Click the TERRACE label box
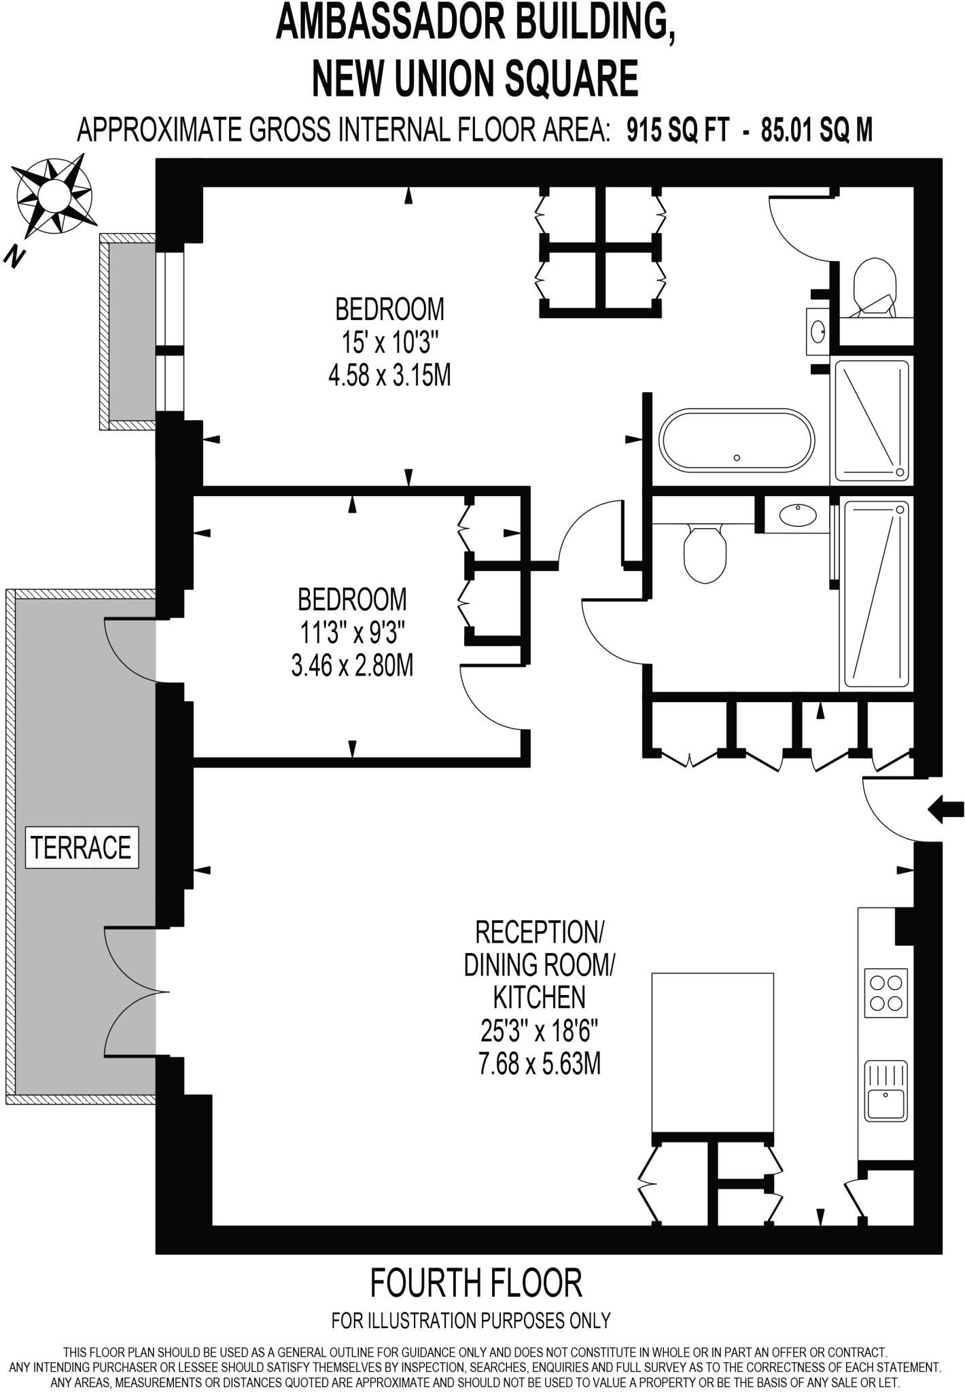pyautogui.click(x=82, y=847)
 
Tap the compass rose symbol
pyautogui.click(x=54, y=195)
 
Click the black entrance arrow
pyautogui.click(x=946, y=809)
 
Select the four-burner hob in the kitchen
pyautogui.click(x=885, y=992)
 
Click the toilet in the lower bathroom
pyautogui.click(x=705, y=552)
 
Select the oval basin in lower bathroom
pyautogui.click(x=798, y=515)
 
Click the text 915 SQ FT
pyautogui.click(x=678, y=129)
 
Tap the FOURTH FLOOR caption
pyautogui.click(x=476, y=1283)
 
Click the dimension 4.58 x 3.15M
pyautogui.click(x=389, y=375)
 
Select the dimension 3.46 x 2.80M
pyautogui.click(x=352, y=665)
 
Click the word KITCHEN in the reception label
pyautogui.click(x=539, y=998)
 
